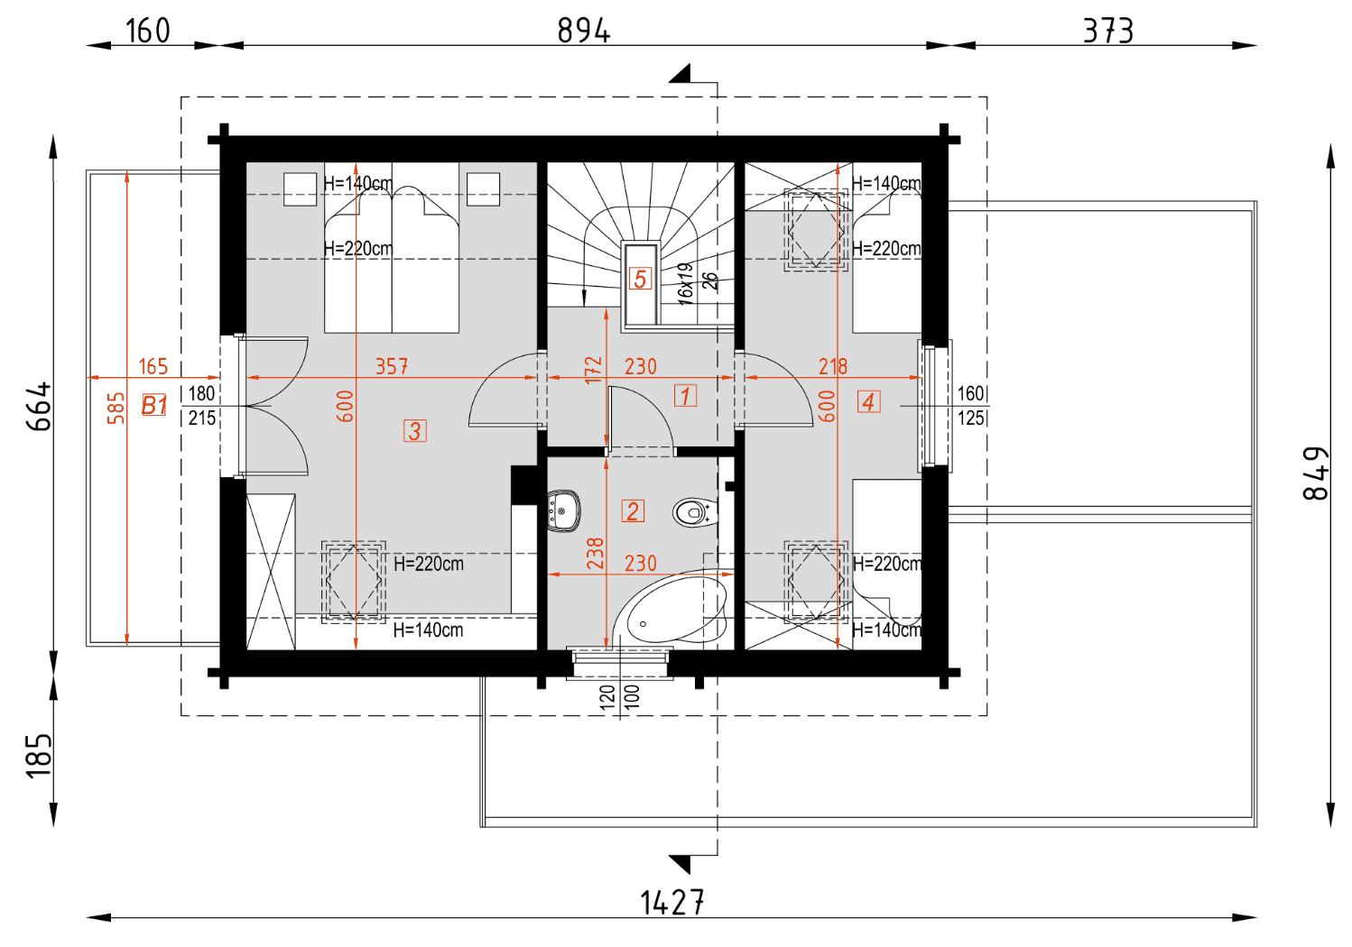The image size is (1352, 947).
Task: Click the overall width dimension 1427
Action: (x=671, y=903)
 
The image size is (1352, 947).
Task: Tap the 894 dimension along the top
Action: (x=584, y=31)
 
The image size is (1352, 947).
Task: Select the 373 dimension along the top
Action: (x=1108, y=31)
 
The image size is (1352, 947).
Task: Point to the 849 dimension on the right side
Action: (x=1315, y=473)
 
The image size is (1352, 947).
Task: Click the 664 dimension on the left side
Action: (x=39, y=406)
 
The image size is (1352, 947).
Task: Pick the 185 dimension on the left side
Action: (x=39, y=756)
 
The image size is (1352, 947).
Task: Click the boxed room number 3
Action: (x=414, y=431)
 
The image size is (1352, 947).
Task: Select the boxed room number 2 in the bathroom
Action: (x=633, y=510)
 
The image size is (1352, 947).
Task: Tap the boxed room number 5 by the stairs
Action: (x=641, y=279)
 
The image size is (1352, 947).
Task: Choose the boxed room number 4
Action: (x=868, y=401)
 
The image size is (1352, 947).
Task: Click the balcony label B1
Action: (x=154, y=405)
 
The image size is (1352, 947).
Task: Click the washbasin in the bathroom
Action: (x=564, y=511)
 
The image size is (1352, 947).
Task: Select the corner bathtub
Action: (x=671, y=609)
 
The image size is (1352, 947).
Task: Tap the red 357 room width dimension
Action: (x=391, y=366)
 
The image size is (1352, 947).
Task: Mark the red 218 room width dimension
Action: (x=833, y=366)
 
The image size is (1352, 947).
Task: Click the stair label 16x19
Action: (x=685, y=283)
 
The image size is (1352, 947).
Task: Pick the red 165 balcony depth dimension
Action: (x=153, y=366)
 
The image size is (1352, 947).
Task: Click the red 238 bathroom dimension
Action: (x=595, y=553)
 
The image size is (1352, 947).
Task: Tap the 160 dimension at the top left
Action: (x=148, y=31)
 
